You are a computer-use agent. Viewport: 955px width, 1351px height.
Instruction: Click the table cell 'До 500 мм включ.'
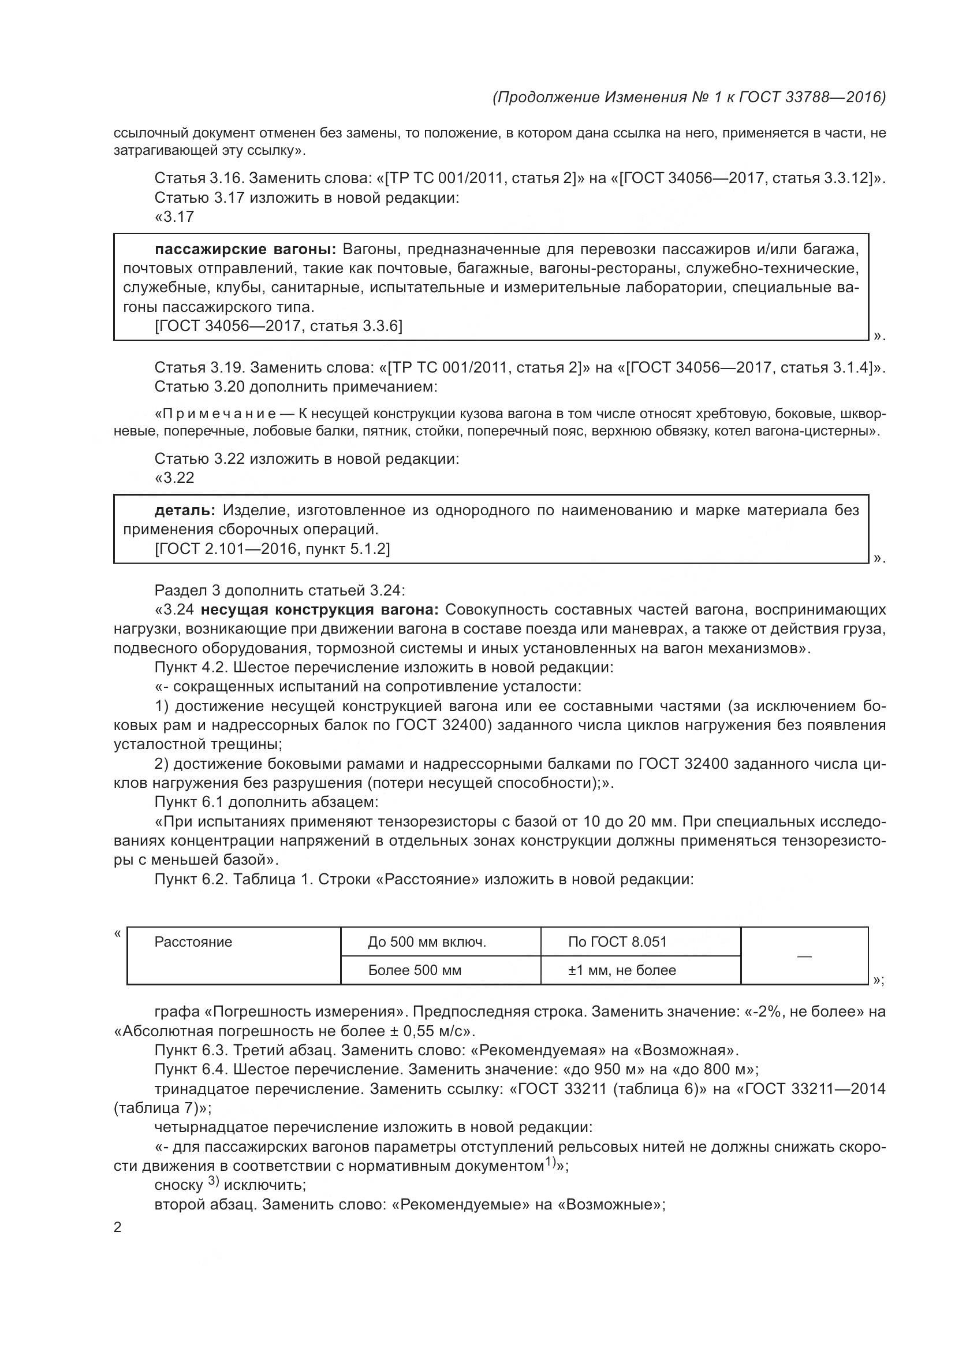pos(427,942)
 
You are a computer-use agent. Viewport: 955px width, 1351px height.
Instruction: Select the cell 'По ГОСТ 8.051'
pos(617,942)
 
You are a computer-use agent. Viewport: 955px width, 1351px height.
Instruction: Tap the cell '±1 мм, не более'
pos(622,970)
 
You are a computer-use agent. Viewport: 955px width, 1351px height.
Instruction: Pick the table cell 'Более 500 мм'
pos(415,970)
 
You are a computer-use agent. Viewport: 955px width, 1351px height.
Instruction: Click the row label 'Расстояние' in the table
pos(193,942)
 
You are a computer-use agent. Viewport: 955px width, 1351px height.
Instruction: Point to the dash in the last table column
pos(804,956)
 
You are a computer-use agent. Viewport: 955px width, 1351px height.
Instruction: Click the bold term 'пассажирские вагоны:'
pos(245,250)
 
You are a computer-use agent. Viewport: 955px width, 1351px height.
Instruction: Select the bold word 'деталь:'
pos(185,510)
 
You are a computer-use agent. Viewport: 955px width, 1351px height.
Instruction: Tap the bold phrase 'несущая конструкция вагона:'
pos(320,609)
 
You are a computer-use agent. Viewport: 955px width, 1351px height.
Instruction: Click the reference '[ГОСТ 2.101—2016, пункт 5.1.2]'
pos(273,549)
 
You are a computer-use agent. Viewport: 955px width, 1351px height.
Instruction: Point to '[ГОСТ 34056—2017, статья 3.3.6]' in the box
pos(279,326)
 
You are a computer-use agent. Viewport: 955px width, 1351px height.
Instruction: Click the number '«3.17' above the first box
pos(174,217)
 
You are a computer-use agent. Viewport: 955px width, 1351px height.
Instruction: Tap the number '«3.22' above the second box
pos(174,478)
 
